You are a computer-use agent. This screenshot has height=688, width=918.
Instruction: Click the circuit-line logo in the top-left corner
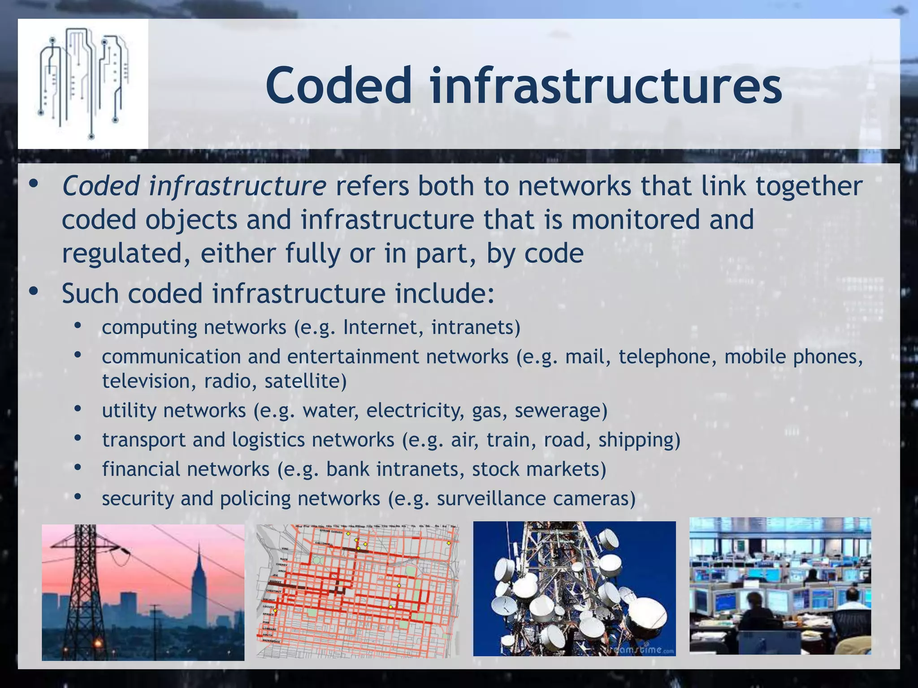click(83, 83)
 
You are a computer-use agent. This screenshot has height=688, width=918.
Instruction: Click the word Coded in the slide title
click(338, 85)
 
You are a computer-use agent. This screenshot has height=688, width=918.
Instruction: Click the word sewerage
click(561, 411)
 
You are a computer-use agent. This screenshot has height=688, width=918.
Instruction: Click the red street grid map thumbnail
click(358, 591)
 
